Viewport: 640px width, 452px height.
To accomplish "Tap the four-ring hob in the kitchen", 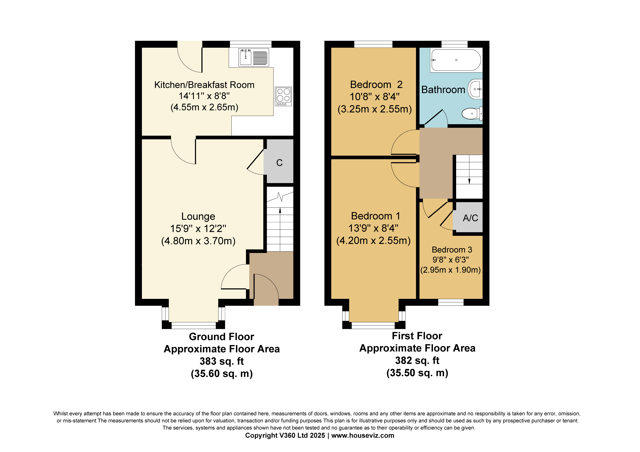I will (283, 96).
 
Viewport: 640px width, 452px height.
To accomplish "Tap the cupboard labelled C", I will (279, 163).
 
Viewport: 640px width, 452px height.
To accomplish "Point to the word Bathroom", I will (443, 90).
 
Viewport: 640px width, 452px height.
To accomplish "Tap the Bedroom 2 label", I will (376, 84).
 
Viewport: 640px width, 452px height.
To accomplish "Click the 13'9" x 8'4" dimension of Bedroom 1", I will (373, 228).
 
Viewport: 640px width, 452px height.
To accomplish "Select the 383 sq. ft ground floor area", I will (222, 361).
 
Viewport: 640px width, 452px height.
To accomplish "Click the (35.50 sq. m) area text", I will (417, 373).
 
